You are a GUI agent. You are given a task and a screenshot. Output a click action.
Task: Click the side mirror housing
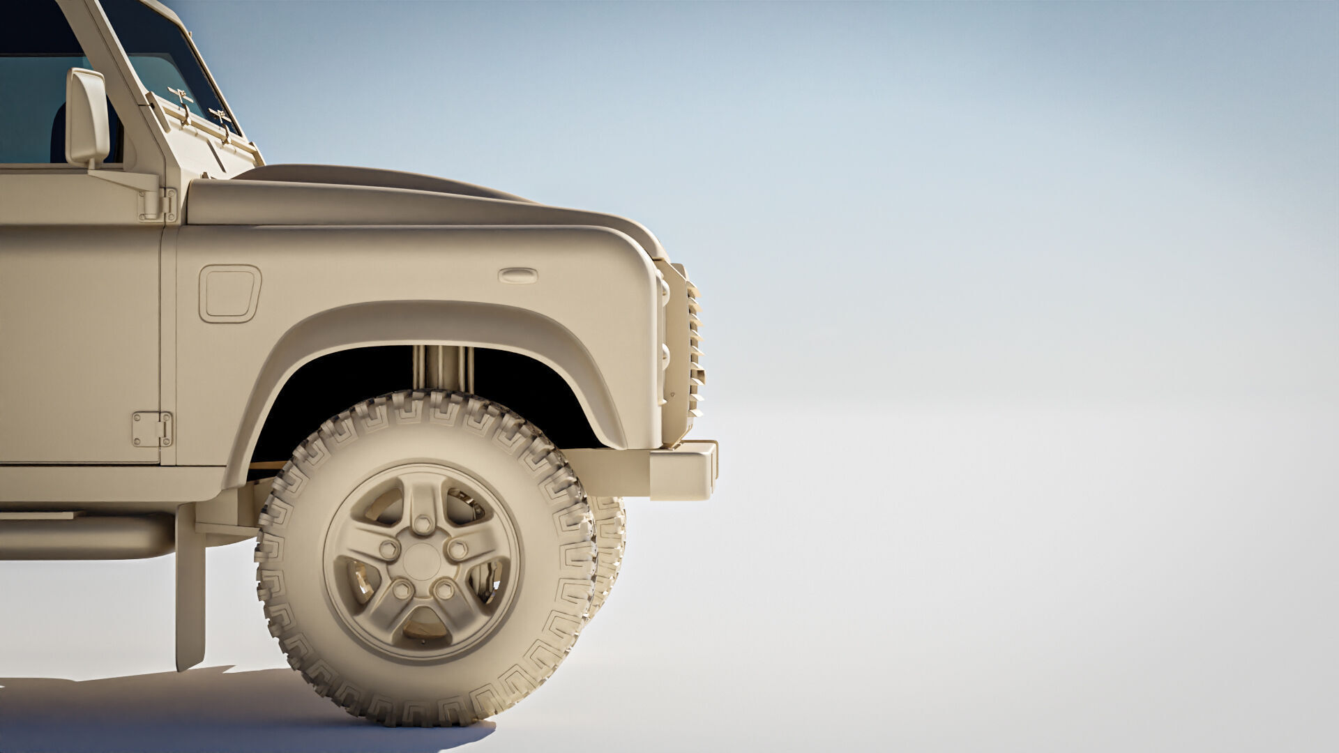[87, 116]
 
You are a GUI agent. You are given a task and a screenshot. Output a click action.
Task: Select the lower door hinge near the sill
[152, 429]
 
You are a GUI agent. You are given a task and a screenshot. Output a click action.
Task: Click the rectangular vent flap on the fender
[229, 294]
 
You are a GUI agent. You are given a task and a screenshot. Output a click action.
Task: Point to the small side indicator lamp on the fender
[517, 276]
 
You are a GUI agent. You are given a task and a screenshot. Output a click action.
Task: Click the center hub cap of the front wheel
[421, 562]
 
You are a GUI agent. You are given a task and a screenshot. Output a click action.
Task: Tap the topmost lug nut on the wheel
[423, 524]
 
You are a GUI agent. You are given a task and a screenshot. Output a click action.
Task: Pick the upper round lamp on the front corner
[664, 293]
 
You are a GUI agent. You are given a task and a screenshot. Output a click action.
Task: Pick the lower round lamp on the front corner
[665, 356]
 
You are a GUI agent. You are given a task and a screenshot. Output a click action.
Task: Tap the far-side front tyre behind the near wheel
[610, 551]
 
